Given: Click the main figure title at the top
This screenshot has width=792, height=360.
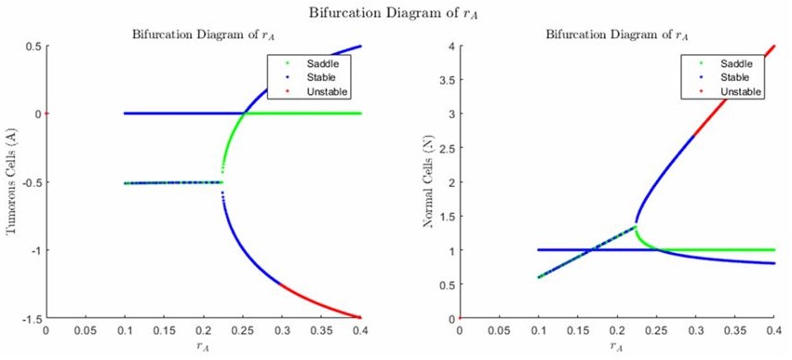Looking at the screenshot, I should (395, 12).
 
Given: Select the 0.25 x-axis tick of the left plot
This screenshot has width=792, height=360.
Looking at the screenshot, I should (242, 330).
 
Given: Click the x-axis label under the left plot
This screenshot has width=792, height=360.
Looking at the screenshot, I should (203, 346).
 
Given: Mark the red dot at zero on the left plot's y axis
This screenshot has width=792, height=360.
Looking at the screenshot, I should (47, 113).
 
